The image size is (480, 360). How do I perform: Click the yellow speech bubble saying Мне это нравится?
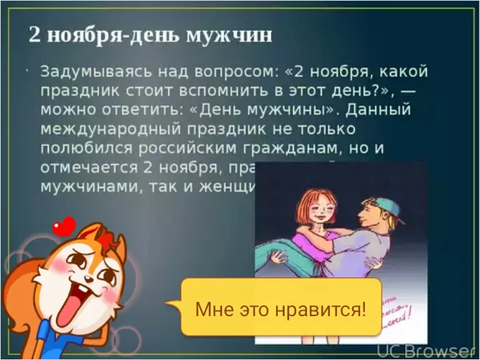tap(281, 310)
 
